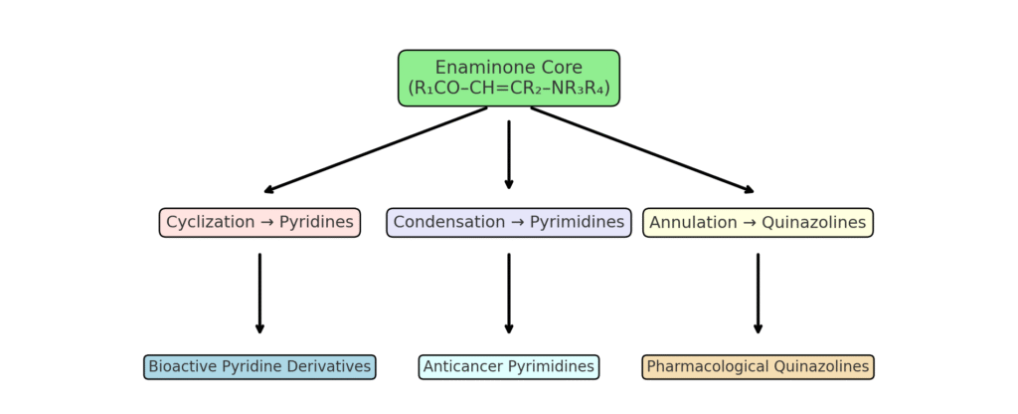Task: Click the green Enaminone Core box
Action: (509, 78)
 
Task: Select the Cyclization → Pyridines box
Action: (259, 222)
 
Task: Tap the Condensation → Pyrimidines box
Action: (509, 222)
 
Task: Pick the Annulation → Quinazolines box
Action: (758, 222)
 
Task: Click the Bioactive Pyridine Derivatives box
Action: (259, 367)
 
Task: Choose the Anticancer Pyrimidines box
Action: (509, 367)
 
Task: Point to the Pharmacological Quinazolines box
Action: (758, 367)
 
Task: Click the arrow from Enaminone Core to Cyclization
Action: (376, 149)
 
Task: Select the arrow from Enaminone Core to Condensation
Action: (509, 154)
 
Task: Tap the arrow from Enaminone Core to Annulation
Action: (642, 149)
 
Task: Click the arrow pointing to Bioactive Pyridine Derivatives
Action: (259, 294)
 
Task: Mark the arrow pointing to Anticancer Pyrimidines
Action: (509, 294)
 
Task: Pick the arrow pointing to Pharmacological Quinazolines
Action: (758, 294)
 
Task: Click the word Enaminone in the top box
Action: (474, 68)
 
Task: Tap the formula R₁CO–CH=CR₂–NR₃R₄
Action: (509, 88)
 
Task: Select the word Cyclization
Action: (210, 222)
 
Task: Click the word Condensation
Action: (447, 222)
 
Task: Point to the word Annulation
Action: (692, 222)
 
